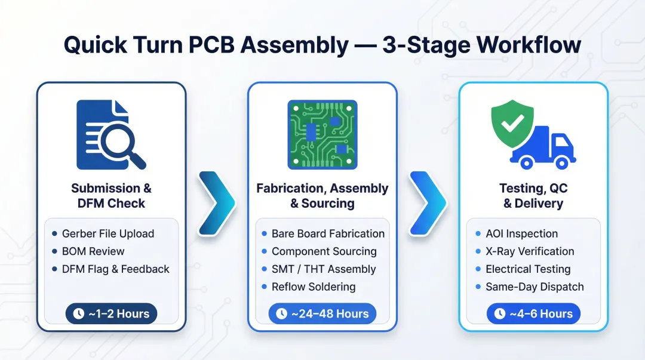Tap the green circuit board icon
[322, 135]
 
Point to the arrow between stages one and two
[216, 202]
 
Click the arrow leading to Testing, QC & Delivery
[427, 202]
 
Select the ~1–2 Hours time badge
[111, 313]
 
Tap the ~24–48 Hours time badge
[322, 313]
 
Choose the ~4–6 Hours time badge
[533, 313]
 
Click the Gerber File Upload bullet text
[107, 233]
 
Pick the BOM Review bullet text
[93, 251]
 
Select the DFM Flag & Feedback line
[115, 269]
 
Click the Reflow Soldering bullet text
[313, 287]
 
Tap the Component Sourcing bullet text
[324, 251]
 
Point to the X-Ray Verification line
[530, 251]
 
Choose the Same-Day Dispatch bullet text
[535, 287]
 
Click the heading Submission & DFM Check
[111, 196]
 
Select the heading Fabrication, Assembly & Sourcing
[322, 196]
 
